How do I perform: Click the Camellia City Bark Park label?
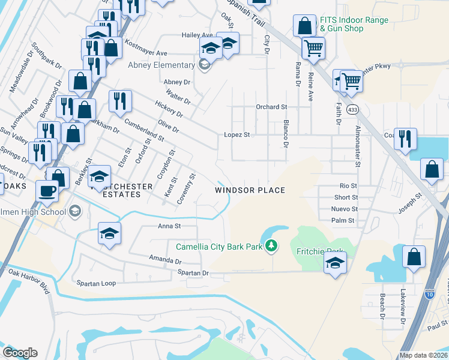(218, 247)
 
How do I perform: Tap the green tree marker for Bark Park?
(271, 245)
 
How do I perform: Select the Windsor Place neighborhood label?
(250, 190)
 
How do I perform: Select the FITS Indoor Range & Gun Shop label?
(354, 24)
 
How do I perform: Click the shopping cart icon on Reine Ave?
(313, 47)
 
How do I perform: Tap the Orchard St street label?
(271, 107)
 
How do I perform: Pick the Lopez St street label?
(237, 135)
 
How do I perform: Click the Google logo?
(20, 353)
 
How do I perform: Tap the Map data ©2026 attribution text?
(423, 355)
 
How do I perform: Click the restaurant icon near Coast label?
(405, 138)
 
